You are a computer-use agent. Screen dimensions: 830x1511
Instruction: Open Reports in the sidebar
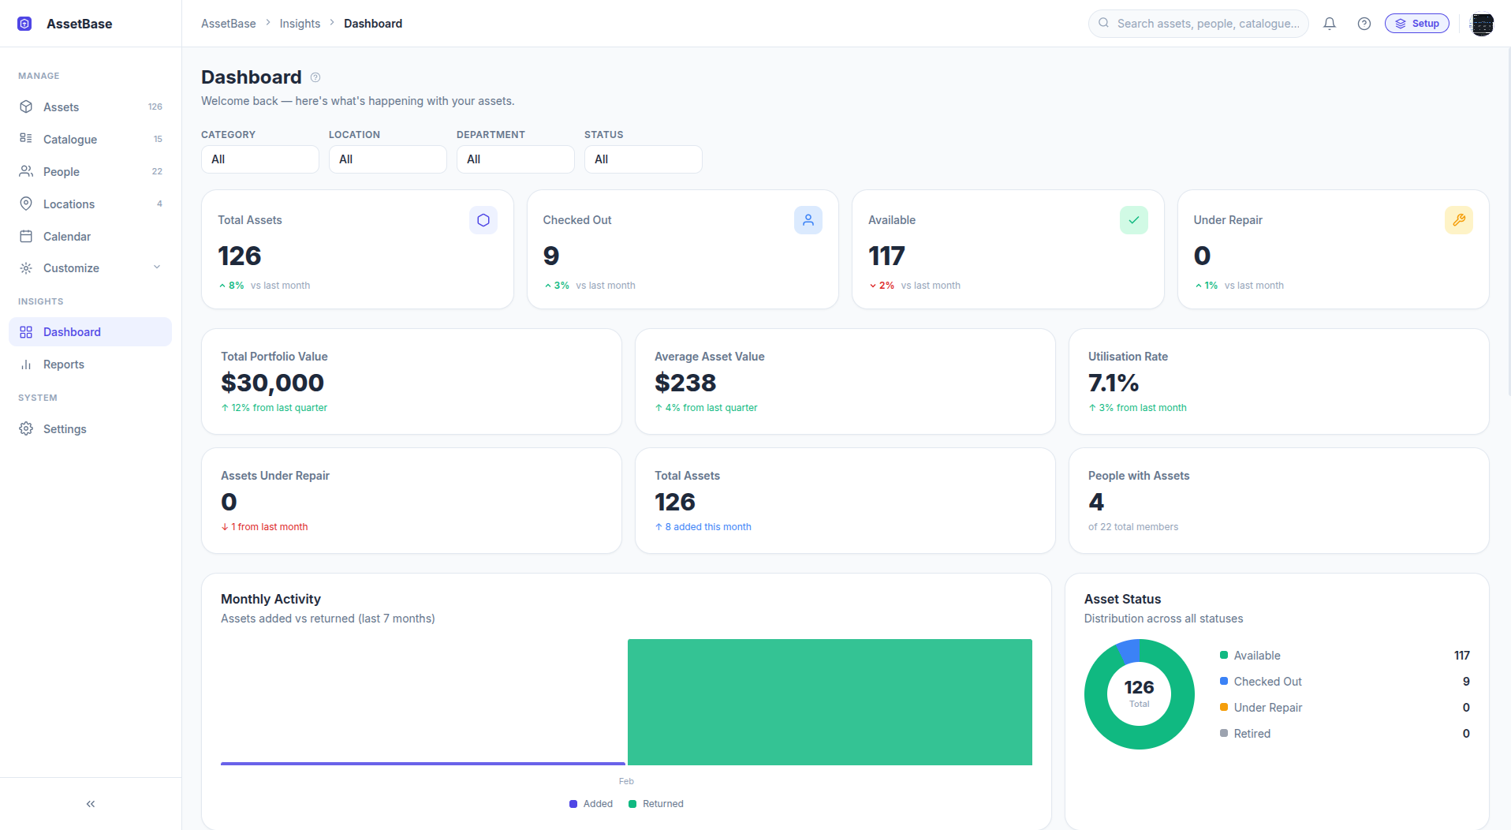pos(63,365)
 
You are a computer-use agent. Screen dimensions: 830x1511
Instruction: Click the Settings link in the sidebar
pos(65,429)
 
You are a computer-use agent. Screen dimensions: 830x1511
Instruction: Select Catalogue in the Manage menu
pos(70,140)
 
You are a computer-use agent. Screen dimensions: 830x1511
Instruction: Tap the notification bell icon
pos(1330,24)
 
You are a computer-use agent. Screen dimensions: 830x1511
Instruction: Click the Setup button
pos(1416,24)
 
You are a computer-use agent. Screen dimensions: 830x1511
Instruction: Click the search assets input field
pos(1207,24)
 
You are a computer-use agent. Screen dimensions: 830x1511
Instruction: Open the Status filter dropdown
pos(643,159)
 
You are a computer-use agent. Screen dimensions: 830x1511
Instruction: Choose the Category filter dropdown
pos(259,159)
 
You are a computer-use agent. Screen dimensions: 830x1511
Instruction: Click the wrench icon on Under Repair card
pos(1458,220)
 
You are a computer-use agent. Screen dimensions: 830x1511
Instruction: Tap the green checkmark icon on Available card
pos(1133,220)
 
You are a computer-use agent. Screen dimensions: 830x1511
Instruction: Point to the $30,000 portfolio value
pos(272,383)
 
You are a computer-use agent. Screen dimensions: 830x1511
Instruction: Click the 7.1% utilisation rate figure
pos(1113,383)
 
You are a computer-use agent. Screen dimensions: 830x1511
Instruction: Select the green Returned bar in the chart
pos(830,701)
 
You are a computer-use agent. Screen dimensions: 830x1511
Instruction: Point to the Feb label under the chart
pos(626,781)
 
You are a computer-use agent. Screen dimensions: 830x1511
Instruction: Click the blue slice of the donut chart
pos(1129,651)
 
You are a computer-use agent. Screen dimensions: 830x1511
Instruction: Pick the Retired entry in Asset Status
pos(1252,734)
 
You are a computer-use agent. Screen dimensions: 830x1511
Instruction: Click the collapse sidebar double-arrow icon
pos(91,804)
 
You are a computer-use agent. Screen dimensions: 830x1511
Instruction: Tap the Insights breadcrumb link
pos(300,24)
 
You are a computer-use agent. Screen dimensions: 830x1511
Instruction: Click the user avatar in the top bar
pos(1482,24)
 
